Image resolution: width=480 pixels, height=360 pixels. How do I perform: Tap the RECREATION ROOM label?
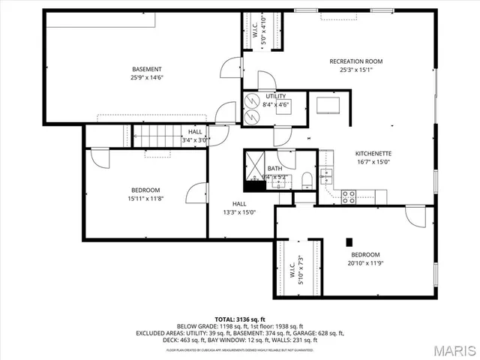(x=356, y=61)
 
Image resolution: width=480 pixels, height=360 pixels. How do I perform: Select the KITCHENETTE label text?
(x=373, y=154)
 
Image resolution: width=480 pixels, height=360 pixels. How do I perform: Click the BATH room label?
(x=274, y=169)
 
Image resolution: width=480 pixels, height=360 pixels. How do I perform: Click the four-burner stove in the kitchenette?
(x=349, y=196)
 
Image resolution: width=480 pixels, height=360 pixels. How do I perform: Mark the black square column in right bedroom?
(x=349, y=241)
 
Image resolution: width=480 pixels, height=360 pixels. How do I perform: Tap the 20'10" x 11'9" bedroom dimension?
(x=366, y=263)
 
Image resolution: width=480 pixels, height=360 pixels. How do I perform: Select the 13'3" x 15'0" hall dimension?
(x=239, y=212)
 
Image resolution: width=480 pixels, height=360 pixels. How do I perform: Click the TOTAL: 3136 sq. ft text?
(x=239, y=319)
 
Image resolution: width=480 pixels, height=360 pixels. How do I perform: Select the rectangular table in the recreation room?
(x=328, y=104)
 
